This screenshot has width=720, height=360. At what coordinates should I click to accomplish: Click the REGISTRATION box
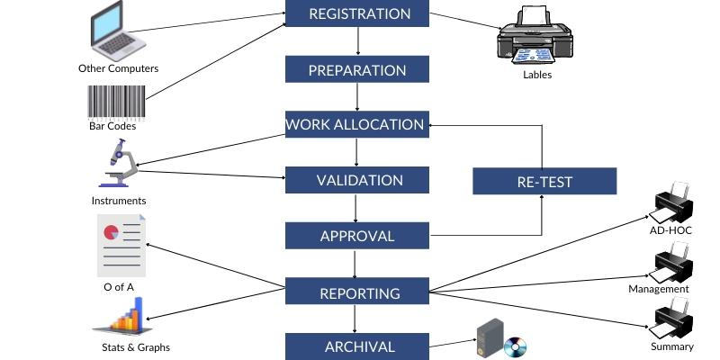[x=358, y=13]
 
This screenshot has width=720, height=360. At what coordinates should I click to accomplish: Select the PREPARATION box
[x=358, y=70]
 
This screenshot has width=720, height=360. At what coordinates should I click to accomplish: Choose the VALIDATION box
[x=358, y=180]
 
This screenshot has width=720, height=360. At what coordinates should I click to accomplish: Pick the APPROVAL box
[x=358, y=236]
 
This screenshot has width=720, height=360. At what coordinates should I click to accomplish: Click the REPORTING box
[x=358, y=292]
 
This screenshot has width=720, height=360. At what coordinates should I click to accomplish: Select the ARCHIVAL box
[x=358, y=346]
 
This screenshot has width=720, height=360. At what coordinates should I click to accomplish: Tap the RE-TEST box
[x=544, y=182]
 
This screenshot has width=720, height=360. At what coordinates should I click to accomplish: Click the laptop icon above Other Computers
[x=118, y=31]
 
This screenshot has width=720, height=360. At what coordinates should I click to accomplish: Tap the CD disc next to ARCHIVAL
[x=515, y=346]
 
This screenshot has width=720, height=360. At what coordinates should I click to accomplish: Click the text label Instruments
[x=118, y=201]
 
